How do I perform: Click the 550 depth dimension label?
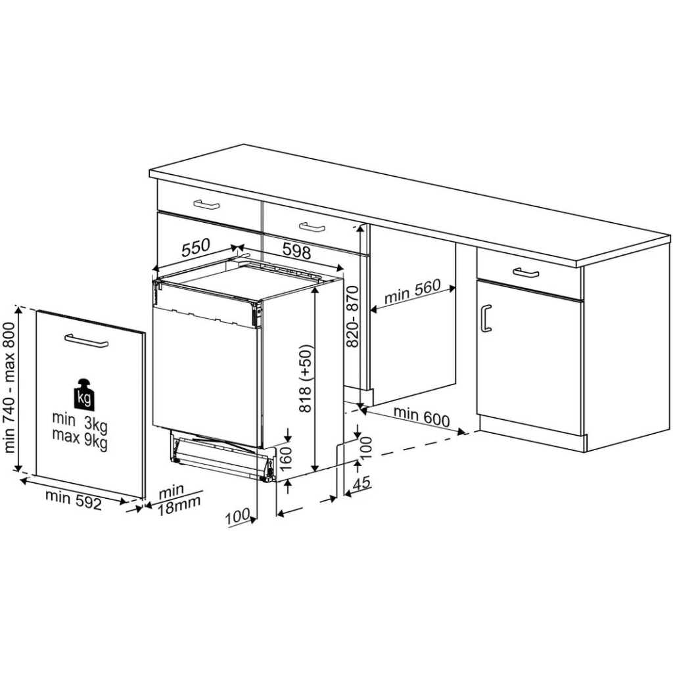point(195,248)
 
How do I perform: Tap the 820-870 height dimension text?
point(352,316)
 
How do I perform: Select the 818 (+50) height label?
point(307,379)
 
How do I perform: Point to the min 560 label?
point(411,294)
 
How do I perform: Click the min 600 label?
point(421,416)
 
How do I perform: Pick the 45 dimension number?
point(362,482)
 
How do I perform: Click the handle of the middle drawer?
point(312,227)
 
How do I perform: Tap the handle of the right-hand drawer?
point(526,272)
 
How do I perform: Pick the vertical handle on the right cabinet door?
point(486,318)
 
